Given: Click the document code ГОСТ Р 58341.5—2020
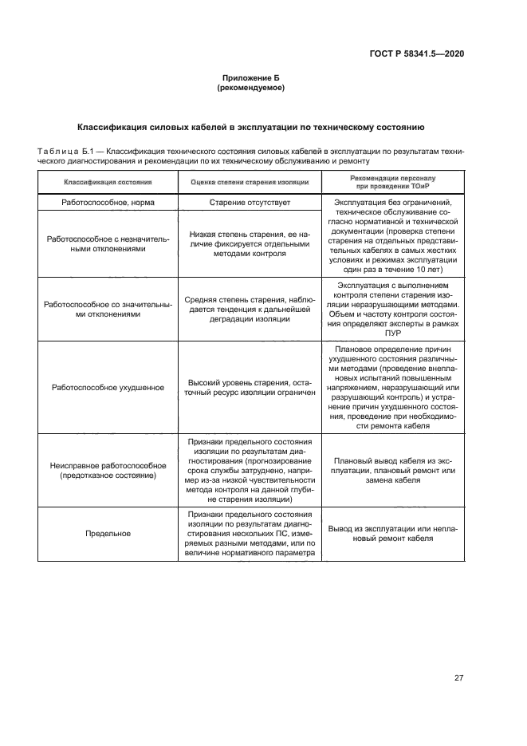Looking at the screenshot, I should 428,53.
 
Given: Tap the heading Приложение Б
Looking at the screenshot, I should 250,78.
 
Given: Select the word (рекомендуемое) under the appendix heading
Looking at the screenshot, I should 250,88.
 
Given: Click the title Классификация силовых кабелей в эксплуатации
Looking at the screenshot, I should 250,127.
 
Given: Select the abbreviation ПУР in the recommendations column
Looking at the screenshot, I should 393,334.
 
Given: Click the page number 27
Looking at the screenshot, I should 458,678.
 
